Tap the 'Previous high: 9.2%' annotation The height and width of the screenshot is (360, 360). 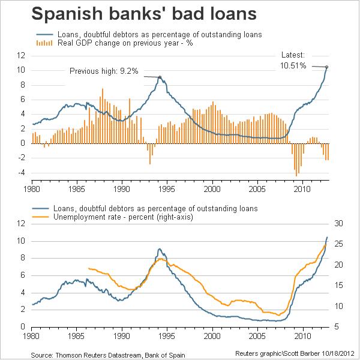point(104,71)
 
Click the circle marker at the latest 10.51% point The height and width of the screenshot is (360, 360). point(326,67)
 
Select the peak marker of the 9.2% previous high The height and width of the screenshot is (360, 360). point(160,77)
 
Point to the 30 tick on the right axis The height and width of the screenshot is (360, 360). point(337,223)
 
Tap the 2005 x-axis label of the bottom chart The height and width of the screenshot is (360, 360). point(257,337)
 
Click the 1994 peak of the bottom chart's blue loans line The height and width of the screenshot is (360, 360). point(159,249)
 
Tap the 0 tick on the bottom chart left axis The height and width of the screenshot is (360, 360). point(22,327)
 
